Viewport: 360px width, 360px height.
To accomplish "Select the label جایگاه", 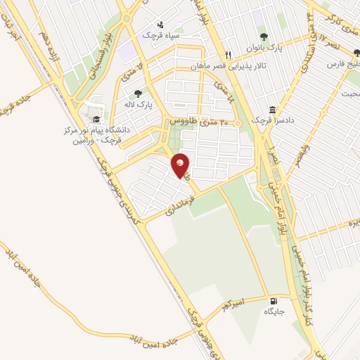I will [273, 311].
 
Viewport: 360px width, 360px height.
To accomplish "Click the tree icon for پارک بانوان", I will [264, 37].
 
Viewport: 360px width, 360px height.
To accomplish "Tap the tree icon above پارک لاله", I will [139, 92].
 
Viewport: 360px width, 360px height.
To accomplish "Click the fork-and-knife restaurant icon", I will [228, 55].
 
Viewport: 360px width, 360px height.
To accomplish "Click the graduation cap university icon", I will [96, 120].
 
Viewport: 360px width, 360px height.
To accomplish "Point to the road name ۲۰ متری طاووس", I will [205, 123].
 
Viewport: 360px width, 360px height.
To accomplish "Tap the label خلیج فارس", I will [342, 64].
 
